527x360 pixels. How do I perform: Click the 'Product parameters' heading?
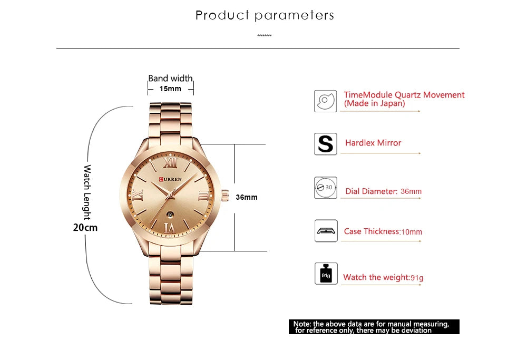coord(265,15)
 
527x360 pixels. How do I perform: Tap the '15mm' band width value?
coord(170,89)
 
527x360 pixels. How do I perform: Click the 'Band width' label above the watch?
coord(170,79)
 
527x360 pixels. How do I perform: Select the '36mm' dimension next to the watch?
coord(247,197)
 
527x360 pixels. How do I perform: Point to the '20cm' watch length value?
coord(85,228)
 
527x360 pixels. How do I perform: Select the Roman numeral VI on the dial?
coord(170,227)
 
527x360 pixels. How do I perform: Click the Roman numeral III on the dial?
coord(202,196)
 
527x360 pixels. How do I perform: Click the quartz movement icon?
coord(325,101)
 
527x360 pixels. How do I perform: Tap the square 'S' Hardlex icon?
coord(326,144)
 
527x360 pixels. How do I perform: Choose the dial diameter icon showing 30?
coord(326,188)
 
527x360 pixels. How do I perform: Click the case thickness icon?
coord(326,231)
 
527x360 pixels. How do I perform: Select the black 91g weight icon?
coord(326,274)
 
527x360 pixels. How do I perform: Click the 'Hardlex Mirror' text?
coord(373,143)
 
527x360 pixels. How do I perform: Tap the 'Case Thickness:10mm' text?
coord(383,231)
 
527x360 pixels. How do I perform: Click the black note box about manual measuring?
coord(374,327)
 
